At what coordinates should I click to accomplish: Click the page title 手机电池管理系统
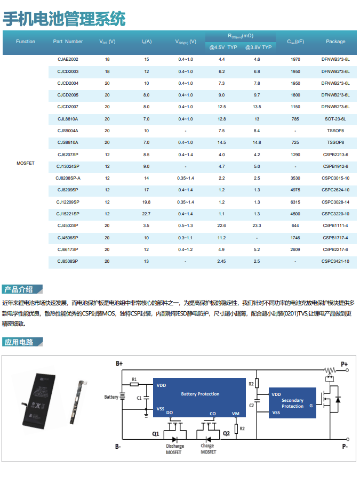pos(65,19)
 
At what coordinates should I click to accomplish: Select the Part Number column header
pos(68,42)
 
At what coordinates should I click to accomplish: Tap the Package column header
pos(335,42)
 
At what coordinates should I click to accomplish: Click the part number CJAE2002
pos(68,59)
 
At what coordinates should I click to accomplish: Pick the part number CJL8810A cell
pos(68,119)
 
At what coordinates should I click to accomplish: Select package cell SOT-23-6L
pos(335,119)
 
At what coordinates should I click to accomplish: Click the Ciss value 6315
pos(295,202)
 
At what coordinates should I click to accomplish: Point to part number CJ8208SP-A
pos(68,178)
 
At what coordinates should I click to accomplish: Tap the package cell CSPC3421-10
pos(335,261)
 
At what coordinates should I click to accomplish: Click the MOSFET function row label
pos(26,163)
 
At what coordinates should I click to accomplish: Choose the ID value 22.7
pos(146,214)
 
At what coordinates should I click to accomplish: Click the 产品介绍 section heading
pos(19,289)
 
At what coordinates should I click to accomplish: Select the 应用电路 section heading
pos(19,342)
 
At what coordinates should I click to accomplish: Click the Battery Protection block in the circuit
pos(200,394)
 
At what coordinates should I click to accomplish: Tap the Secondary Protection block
pos(292,403)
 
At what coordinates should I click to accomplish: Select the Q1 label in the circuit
pos(155,434)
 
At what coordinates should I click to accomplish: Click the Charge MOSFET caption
pos(208,449)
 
